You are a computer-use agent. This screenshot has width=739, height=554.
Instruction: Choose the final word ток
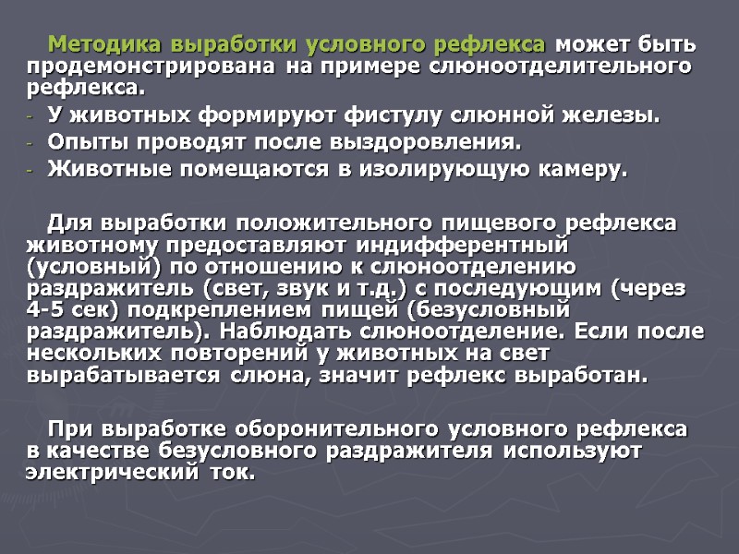click(x=239, y=472)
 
